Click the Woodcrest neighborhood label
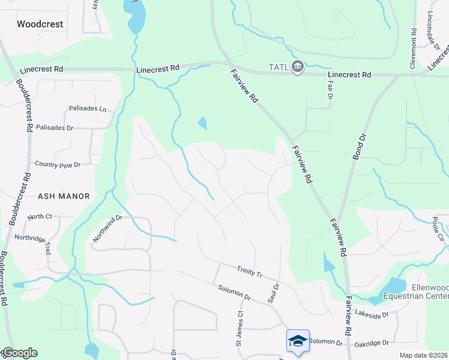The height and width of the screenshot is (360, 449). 40,25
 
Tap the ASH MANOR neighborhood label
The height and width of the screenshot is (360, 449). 64,196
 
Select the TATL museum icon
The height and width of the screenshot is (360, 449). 297,66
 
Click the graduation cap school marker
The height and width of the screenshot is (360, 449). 298,341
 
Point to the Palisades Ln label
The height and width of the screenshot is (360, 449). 88,109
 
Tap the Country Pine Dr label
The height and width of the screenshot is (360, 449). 58,164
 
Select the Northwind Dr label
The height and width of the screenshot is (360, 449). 107,229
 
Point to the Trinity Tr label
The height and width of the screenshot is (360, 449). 250,272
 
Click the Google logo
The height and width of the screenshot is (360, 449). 19,353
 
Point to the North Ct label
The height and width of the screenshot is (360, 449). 40,216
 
